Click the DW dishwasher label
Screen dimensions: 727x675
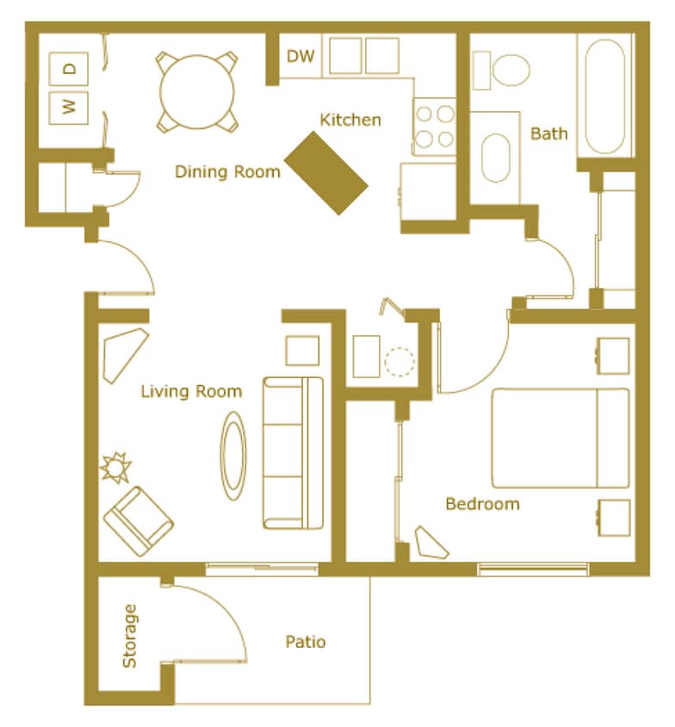pos(300,58)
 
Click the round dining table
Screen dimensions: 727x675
pos(197,91)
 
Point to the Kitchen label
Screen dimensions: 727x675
pos(350,120)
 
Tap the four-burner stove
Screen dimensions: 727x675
pos(434,126)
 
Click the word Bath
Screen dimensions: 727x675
pos(548,134)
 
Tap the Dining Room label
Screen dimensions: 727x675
pos(227,171)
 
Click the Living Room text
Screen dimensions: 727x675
pos(191,392)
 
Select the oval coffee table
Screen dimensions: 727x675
pos(233,456)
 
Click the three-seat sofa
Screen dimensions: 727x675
pos(292,452)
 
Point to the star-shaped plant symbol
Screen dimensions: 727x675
pos(115,468)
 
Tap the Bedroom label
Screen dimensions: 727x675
pos(482,504)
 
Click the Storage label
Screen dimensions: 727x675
pos(129,636)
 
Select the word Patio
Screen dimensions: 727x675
pos(306,642)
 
